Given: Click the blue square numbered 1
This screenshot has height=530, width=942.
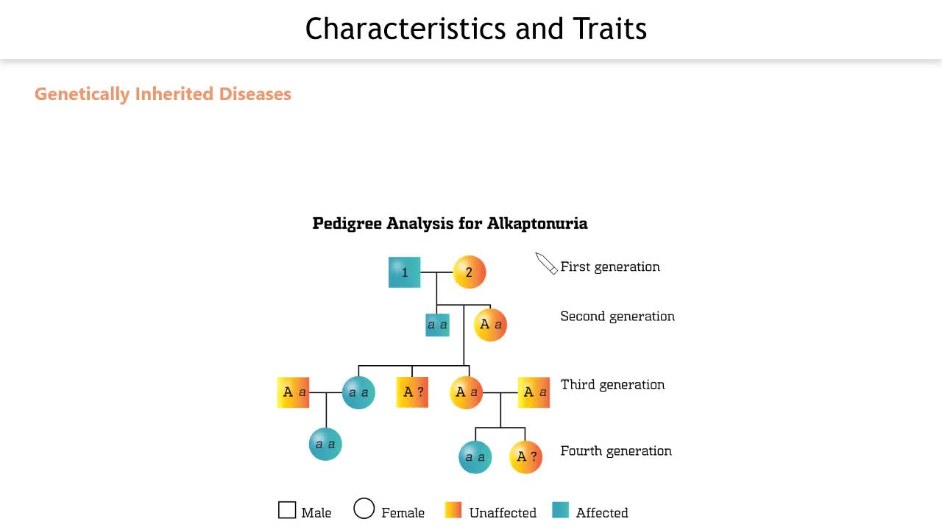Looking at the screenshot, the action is click(x=404, y=272).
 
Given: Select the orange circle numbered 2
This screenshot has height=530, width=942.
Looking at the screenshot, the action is click(x=470, y=272).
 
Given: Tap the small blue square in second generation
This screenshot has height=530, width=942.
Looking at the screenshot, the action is click(x=437, y=325).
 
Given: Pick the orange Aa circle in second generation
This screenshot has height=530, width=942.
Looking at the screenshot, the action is click(x=490, y=325).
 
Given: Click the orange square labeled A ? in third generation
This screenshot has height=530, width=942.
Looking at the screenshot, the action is click(x=412, y=392).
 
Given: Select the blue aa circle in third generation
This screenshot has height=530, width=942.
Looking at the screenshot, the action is click(x=358, y=392).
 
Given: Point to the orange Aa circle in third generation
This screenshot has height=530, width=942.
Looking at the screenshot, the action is click(x=467, y=392).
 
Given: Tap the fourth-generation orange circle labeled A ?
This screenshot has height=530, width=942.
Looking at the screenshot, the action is click(x=525, y=457).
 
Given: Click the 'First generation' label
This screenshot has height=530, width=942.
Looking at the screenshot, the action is click(x=610, y=266).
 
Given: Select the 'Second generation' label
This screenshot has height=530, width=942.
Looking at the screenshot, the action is click(x=617, y=317).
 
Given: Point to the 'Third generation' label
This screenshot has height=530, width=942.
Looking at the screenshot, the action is click(x=613, y=384).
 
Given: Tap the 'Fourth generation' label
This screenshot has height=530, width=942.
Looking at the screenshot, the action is click(x=616, y=451).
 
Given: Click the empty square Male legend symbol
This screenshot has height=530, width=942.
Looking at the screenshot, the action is click(x=287, y=510).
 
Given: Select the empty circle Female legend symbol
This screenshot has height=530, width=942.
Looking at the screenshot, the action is click(x=364, y=508).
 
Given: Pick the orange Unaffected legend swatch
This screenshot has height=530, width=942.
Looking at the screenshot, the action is click(x=453, y=510).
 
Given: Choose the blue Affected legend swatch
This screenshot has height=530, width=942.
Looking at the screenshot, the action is click(x=560, y=510).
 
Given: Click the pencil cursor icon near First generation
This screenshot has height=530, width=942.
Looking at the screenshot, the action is click(x=546, y=264).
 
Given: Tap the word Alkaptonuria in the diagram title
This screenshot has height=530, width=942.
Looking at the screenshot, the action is click(x=537, y=223).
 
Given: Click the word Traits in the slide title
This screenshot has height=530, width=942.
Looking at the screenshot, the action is click(x=610, y=29).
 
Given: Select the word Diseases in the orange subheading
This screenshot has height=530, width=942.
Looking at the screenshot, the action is click(x=255, y=93).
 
